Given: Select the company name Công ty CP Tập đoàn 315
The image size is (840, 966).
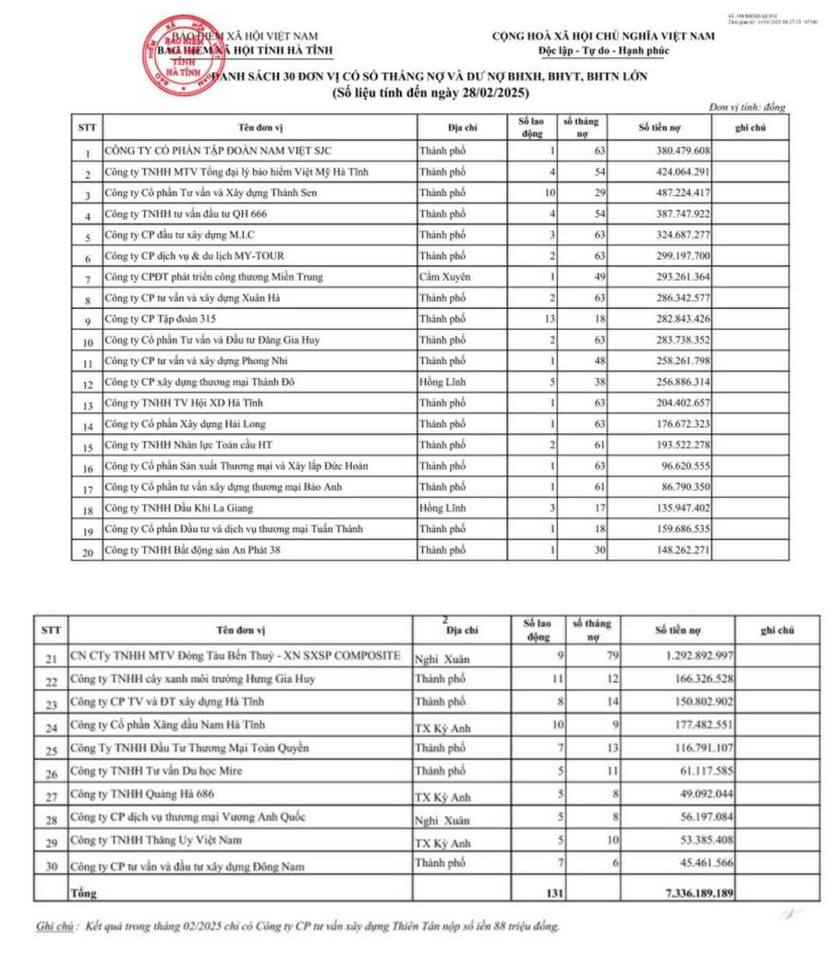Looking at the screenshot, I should pyautogui.click(x=161, y=319).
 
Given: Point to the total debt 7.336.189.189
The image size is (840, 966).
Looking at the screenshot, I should pyautogui.click(x=699, y=893).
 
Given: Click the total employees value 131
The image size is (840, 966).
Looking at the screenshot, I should pyautogui.click(x=554, y=893).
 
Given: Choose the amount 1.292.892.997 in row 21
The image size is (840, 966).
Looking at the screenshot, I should pyautogui.click(x=699, y=655).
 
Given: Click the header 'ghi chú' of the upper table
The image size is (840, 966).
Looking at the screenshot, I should pyautogui.click(x=750, y=127).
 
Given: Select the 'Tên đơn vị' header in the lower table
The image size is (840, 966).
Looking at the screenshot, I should pyautogui.click(x=240, y=631).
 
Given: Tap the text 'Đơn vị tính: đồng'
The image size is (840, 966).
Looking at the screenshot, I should pyautogui.click(x=747, y=107).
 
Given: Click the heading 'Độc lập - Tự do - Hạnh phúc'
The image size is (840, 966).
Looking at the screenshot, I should pyautogui.click(x=603, y=51).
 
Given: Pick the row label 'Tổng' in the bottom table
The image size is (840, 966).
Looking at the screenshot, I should pyautogui.click(x=84, y=893).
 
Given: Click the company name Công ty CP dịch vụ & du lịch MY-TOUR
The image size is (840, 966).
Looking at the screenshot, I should pyautogui.click(x=194, y=256).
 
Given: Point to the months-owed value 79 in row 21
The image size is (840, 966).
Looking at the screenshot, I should pyautogui.click(x=612, y=655).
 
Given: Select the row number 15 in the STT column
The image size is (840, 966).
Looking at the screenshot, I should pyautogui.click(x=88, y=447).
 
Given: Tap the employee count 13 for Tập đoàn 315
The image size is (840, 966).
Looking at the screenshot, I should pyautogui.click(x=549, y=319).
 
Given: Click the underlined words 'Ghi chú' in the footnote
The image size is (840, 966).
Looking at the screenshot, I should pyautogui.click(x=55, y=926).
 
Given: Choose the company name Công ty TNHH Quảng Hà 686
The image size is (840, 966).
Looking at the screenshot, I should pyautogui.click(x=142, y=794).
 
